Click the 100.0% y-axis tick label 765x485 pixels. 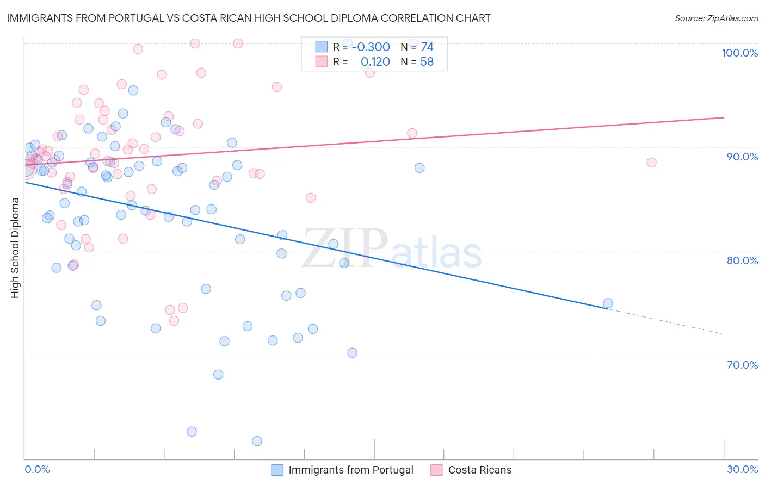[739, 53]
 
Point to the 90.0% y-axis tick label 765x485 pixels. [742, 157]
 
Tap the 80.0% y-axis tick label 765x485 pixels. [742, 260]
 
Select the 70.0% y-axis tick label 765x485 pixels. [742, 365]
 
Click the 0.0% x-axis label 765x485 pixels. [37, 469]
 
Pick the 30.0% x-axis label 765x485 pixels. [742, 469]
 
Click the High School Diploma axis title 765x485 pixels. [15, 247]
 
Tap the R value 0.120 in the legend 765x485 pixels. [375, 62]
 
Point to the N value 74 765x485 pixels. [427, 47]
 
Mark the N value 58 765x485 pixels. [427, 62]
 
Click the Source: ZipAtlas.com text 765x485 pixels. [716, 18]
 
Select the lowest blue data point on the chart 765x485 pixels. [257, 441]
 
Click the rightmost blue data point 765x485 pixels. [608, 303]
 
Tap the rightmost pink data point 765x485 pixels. [651, 163]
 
